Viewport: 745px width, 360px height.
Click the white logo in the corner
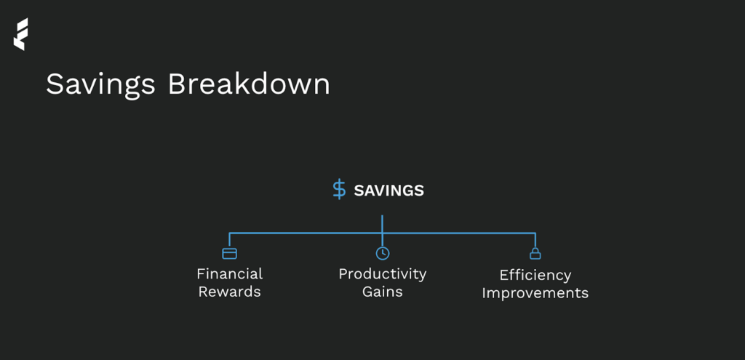(x=20, y=34)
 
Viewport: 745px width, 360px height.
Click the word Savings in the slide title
(x=100, y=85)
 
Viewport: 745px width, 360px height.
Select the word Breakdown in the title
(x=249, y=84)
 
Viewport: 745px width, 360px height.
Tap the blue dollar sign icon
(x=339, y=190)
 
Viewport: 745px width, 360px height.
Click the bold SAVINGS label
(x=389, y=191)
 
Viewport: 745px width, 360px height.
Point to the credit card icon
(x=229, y=254)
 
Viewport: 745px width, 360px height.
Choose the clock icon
(x=383, y=254)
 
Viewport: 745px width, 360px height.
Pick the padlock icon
(x=535, y=254)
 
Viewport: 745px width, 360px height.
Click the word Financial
(x=229, y=273)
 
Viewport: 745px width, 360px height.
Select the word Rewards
(x=229, y=291)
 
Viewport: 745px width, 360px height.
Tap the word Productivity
(x=383, y=274)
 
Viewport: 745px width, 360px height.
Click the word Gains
(x=383, y=291)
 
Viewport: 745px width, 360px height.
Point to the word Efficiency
(x=535, y=276)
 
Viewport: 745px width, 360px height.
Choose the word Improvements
(x=535, y=293)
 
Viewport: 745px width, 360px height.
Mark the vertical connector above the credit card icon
(x=229, y=240)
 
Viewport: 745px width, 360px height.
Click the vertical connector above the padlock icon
(x=535, y=240)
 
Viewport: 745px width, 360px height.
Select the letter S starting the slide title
(x=54, y=84)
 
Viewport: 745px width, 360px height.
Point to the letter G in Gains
(x=367, y=292)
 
